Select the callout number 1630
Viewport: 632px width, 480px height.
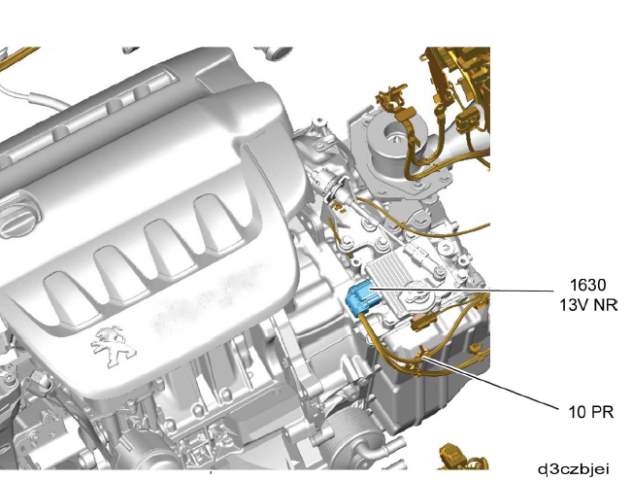(x=588, y=285)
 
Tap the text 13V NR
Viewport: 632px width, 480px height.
(x=588, y=305)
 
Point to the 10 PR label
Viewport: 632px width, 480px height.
(x=591, y=412)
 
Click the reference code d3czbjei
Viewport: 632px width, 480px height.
(x=574, y=469)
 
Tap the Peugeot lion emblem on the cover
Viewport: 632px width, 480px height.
(x=113, y=346)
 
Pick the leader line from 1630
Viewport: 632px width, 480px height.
(x=462, y=290)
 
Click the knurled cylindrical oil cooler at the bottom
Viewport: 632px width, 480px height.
(x=349, y=436)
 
